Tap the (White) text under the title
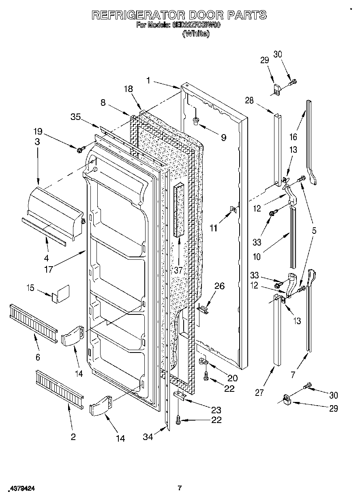click(x=196, y=34)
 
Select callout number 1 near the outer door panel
click(x=149, y=81)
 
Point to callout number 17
click(x=49, y=269)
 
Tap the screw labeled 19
click(x=79, y=150)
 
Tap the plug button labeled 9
click(x=196, y=120)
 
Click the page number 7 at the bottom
click(x=180, y=488)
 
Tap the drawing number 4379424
click(x=22, y=489)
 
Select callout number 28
click(x=250, y=100)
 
